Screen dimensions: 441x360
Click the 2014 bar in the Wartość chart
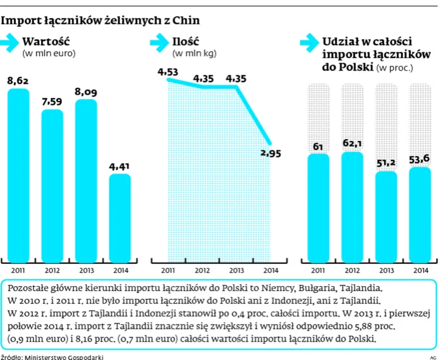point(120,219)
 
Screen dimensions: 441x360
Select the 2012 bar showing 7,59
point(52,186)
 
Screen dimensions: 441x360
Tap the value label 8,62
point(18,81)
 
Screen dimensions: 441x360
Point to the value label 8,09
point(86,92)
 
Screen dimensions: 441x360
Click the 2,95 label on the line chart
point(270,153)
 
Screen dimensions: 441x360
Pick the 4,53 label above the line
point(168,72)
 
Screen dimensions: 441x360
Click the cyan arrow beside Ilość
point(159,43)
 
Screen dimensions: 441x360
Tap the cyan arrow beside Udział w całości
point(310,43)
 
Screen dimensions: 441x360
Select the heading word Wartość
point(46,42)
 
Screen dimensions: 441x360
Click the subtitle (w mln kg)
point(195,53)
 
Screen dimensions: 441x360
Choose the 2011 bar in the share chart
point(318,208)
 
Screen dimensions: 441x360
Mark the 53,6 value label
point(419,159)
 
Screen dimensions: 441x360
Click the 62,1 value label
point(352,143)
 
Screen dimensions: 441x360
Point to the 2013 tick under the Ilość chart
point(236,270)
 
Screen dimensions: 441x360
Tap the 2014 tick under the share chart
point(421,270)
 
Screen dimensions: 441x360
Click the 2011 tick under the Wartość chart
point(18,270)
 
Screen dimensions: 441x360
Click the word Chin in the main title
point(186,21)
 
